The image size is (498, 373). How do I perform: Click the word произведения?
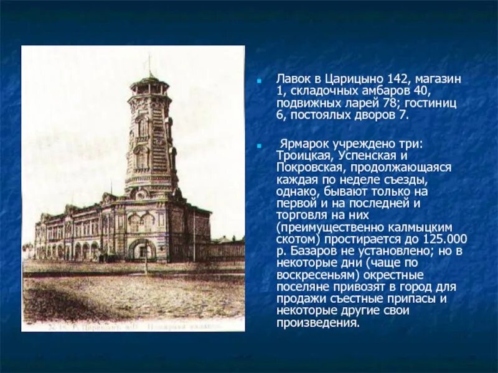[317, 323]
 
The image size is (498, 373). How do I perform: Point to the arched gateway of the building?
[143, 249]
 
